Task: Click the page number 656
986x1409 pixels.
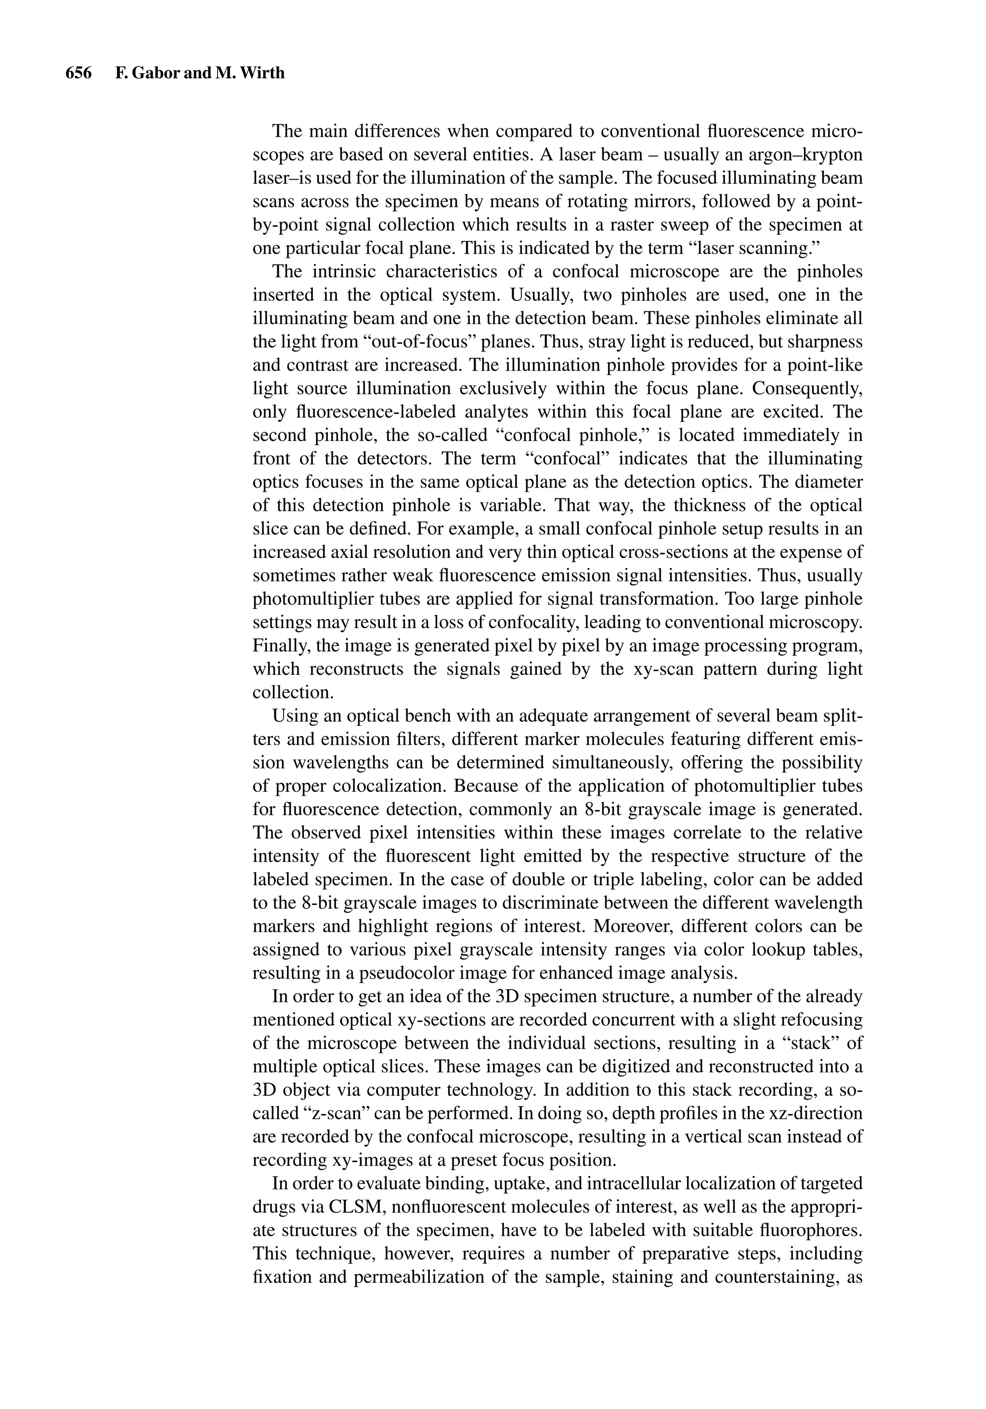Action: point(78,73)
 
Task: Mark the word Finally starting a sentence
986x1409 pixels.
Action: point(276,646)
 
